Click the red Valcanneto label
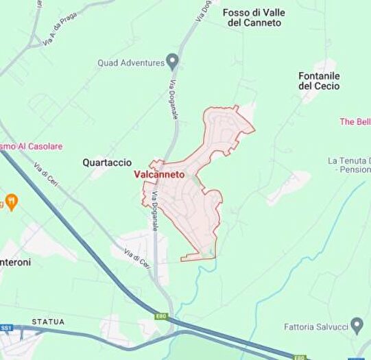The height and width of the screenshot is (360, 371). [x=159, y=175]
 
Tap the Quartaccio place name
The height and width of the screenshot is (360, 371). [x=106, y=163]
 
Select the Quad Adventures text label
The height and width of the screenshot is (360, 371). [x=130, y=63]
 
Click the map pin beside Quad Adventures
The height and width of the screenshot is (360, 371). [x=172, y=62]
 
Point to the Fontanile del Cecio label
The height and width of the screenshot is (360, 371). [x=320, y=80]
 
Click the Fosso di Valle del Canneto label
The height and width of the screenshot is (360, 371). [x=254, y=17]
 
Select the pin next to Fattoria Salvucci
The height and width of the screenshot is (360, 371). [x=357, y=324]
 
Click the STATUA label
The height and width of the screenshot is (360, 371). [x=48, y=322]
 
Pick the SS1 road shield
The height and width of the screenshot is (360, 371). [x=6, y=328]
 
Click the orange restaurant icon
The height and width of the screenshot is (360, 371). [x=10, y=202]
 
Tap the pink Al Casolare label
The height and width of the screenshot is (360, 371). [x=31, y=146]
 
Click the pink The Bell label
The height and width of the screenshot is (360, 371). [x=355, y=121]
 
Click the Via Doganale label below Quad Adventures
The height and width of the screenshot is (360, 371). [x=173, y=99]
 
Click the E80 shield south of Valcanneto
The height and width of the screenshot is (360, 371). [x=160, y=315]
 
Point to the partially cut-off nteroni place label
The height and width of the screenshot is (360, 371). [x=15, y=262]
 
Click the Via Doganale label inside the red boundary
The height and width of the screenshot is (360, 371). [x=155, y=206]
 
